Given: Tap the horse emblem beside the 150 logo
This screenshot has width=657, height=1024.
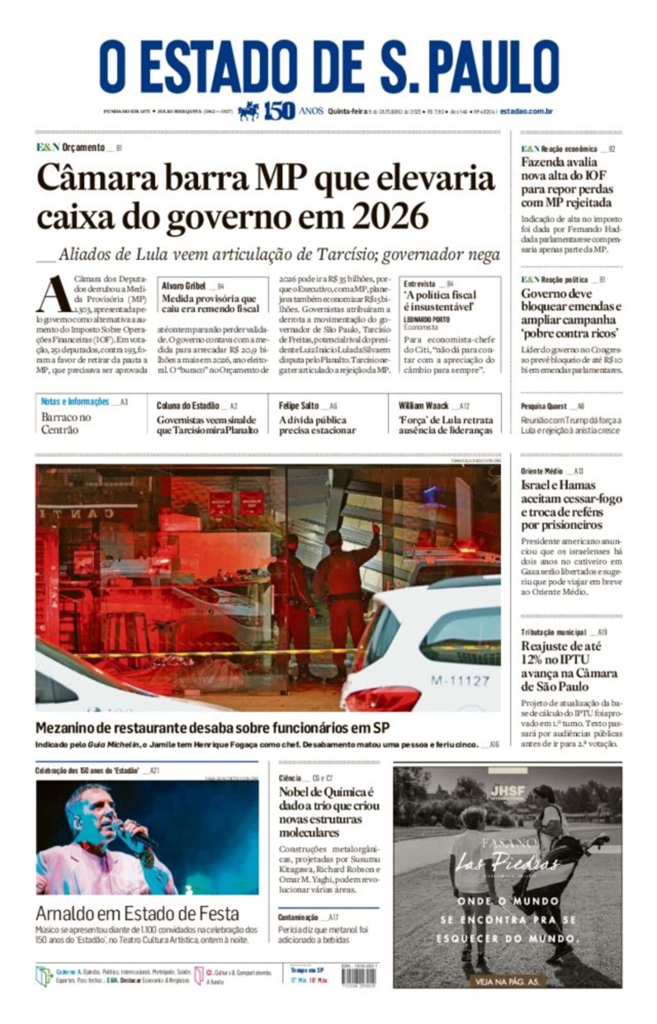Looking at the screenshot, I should pos(248,111).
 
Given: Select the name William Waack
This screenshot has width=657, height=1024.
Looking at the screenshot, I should pos(423,406).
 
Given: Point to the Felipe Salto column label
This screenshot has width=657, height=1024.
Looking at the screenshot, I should pos(298,406).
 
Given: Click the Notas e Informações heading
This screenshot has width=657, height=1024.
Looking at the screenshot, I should pos(74,402).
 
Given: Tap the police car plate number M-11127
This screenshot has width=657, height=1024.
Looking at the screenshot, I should pos(459,680).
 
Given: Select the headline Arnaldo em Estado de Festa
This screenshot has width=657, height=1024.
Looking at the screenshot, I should pos(137,913).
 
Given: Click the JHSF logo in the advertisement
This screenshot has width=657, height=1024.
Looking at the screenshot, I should pos(507,792).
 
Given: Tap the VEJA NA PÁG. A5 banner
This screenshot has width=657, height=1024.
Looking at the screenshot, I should pos(507,981).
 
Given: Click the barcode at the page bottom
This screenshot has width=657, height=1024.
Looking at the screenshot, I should pos(368,976).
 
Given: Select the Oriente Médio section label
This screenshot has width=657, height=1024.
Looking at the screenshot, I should pos(542,471).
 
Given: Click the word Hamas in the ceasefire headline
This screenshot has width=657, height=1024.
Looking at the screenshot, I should pos(577,485).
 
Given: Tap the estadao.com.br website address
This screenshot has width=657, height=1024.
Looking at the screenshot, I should pos(526,111).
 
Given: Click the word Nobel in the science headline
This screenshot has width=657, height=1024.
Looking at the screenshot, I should pos(294,792).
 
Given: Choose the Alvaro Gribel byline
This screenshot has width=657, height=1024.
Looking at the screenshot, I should pos(183,286).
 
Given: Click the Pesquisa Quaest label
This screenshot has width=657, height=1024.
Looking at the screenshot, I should pos(543,406).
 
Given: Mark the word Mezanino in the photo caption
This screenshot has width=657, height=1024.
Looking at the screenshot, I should pos(69,728).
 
